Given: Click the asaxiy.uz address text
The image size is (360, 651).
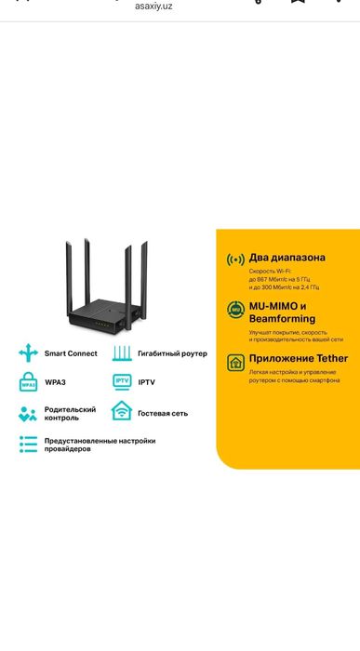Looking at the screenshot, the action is (153, 6).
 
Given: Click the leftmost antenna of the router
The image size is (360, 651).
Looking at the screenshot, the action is (70, 274).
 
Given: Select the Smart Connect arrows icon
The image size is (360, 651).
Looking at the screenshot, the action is (29, 353).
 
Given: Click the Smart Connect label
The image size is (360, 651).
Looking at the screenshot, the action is (70, 354).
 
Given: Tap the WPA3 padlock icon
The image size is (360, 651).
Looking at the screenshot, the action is (28, 381).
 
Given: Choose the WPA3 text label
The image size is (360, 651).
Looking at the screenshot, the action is (56, 382).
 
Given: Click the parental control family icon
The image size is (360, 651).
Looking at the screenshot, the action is (28, 413).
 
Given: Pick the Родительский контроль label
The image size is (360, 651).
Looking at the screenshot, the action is (70, 413).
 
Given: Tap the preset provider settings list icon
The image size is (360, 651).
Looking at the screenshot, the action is (28, 445).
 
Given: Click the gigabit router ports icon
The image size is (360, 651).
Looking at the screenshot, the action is (122, 353).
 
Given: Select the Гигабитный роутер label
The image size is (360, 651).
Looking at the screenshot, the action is (172, 354).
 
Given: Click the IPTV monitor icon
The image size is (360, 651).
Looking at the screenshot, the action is (122, 381).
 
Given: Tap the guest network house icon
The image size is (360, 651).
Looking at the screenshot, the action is (122, 411).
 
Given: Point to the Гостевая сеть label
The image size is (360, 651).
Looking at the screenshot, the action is (163, 412).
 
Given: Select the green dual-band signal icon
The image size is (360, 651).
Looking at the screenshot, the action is (234, 259).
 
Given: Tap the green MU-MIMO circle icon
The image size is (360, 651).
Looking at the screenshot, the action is (235, 311).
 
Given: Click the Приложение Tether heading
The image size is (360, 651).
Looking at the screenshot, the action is (298, 358).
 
